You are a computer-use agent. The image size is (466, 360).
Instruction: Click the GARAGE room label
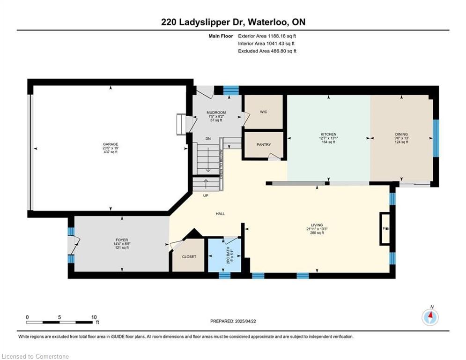coord(111,144)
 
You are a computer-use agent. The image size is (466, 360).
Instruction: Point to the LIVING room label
coord(317,225)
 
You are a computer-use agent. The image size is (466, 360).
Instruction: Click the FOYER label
coord(122,240)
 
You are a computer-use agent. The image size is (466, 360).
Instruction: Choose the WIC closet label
coord(263,112)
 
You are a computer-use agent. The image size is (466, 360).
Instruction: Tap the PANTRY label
coord(264,145)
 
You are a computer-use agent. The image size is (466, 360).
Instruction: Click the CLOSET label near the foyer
coord(189,257)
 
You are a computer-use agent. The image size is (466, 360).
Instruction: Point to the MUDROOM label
coord(216,112)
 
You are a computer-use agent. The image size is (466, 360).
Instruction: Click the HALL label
coord(220,214)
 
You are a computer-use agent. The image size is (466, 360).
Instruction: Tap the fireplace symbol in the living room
coord(385,229)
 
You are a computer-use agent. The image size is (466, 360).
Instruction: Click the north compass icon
coord(430,317)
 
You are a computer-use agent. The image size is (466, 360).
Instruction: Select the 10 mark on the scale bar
coord(94,317)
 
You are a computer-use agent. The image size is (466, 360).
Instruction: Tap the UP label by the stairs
coord(205,195)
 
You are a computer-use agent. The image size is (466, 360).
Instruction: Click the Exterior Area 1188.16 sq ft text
coord(267,36)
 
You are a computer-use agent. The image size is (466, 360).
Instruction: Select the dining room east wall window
coord(436,138)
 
